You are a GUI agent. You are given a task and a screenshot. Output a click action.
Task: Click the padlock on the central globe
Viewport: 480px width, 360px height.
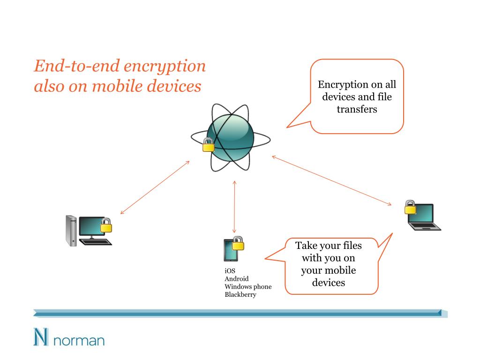208,145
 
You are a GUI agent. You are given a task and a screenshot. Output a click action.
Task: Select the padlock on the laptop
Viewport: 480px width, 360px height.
411,207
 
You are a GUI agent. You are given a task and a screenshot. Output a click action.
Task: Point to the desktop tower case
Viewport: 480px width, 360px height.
71,230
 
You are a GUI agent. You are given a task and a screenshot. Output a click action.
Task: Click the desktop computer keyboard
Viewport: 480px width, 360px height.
96,242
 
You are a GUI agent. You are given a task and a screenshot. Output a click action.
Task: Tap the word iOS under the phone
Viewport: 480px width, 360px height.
230,270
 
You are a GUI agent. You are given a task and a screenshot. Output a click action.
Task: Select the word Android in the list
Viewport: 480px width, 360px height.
237,278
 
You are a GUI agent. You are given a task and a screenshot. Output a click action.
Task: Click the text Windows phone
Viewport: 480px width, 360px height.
248,286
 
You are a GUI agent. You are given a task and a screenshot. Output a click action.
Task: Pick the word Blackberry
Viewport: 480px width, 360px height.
240,294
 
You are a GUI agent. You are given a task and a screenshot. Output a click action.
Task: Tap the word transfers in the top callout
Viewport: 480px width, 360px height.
357,110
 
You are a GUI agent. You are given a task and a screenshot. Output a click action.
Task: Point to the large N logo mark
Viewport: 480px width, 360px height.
41,337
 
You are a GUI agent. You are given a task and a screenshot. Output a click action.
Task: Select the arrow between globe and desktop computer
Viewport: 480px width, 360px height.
155,187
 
